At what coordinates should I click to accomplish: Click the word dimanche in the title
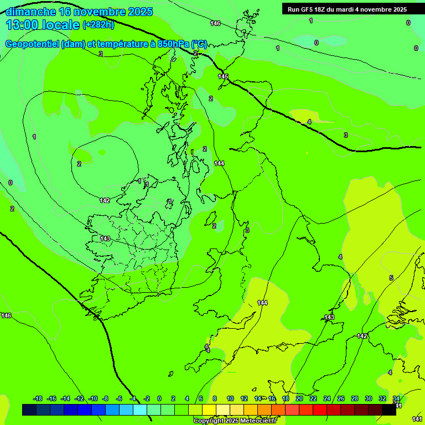tap(30, 12)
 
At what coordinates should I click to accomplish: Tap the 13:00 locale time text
tap(43, 25)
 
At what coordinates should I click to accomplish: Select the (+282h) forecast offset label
tap(98, 25)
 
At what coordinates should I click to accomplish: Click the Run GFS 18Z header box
tap(347, 9)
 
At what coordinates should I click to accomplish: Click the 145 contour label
tap(223, 76)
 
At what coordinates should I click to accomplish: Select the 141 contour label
tap(417, 419)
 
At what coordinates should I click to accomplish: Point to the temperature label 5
tap(391, 278)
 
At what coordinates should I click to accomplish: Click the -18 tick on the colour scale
tap(38, 398)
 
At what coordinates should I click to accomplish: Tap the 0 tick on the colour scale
tap(159, 398)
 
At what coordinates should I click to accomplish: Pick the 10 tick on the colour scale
tap(230, 398)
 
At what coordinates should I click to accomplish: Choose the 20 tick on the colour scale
tap(299, 398)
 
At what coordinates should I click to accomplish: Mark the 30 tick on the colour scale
tap(369, 398)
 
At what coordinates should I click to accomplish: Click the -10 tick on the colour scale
tap(93, 398)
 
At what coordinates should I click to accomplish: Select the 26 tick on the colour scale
tap(341, 398)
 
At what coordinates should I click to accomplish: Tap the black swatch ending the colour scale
tap(389, 410)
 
